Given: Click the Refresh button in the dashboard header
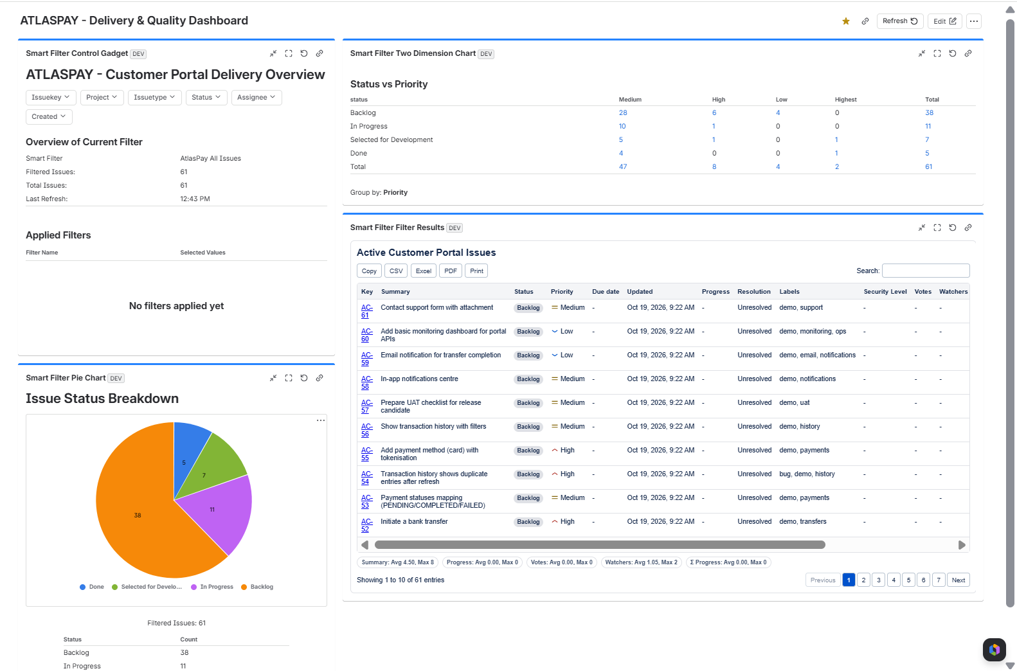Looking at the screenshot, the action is tap(900, 21).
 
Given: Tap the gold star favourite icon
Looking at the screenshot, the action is tap(846, 21).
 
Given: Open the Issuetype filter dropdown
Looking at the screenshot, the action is tap(154, 97).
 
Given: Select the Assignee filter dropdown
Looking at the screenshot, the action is tap(256, 97).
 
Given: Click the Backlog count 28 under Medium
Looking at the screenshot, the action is tap(623, 112).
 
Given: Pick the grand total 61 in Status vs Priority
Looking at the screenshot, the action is tap(928, 166).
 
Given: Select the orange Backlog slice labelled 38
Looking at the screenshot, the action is tap(136, 515).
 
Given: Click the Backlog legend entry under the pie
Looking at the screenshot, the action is tap(257, 587).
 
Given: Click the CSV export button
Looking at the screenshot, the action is tap(396, 271).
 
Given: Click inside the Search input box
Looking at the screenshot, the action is tap(926, 271).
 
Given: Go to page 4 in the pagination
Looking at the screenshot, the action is tap(894, 580).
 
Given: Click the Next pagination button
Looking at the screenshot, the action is tap(959, 580).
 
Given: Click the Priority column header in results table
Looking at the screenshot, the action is tap(562, 291).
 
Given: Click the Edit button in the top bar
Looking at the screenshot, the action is tap(945, 21).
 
